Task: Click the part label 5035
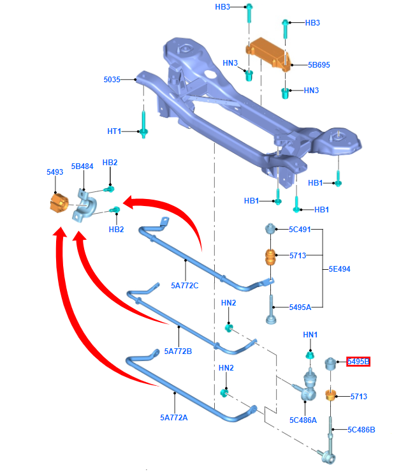point(113,80)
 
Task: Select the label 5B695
point(319,64)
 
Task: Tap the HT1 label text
point(114,131)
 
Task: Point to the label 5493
point(55,172)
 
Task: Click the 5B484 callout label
point(82,166)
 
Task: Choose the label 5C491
point(300,230)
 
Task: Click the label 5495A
point(300,307)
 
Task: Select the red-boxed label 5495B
point(358,362)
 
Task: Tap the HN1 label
point(310,335)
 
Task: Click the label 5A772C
point(185,285)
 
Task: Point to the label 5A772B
point(178,351)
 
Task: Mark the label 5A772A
point(174,418)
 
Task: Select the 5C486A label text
point(303,420)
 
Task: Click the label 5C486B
point(361,429)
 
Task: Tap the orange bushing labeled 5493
point(59,203)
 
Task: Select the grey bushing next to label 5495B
point(331,364)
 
